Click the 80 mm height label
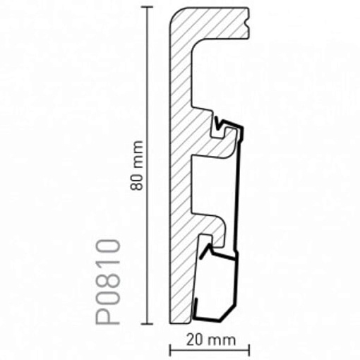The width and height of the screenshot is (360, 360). tap(136, 165)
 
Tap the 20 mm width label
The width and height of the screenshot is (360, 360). tap(211, 340)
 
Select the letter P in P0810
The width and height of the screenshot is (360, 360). tap(108, 312)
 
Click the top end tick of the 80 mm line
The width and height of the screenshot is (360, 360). tap(147, 7)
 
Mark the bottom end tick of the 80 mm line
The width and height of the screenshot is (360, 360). tap(147, 324)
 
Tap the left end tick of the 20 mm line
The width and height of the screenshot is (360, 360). tap(170, 351)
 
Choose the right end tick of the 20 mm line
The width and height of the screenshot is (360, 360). tap(249, 351)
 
